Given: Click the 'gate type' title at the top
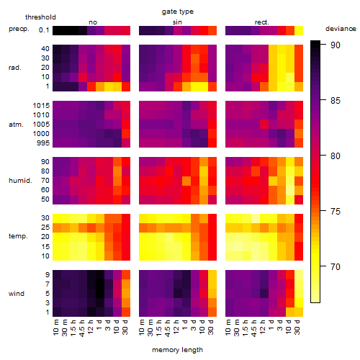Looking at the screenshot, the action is [x=178, y=12].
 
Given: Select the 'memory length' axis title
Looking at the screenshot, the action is [x=177, y=350].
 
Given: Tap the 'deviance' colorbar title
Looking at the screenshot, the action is [x=341, y=29].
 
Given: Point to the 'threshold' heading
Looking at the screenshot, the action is [x=40, y=17].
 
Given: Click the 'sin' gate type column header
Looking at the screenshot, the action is [x=177, y=22].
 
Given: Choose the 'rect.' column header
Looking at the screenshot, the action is [x=261, y=22].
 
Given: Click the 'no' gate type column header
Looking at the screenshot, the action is [x=93, y=22].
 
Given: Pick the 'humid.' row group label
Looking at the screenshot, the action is [x=20, y=181].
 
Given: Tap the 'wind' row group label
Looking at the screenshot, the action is [x=17, y=294].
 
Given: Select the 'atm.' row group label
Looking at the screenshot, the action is [x=16, y=125].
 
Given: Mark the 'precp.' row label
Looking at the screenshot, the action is [x=19, y=29].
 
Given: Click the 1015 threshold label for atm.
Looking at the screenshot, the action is [x=41, y=106].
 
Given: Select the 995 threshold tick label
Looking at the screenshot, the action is [x=43, y=143].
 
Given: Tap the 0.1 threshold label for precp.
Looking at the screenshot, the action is [x=44, y=30].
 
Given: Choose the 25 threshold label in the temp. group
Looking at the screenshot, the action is [x=45, y=228].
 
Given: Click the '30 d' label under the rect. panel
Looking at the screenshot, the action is [x=297, y=327].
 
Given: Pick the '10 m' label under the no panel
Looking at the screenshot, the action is [x=55, y=327].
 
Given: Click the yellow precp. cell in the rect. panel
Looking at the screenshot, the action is [x=299, y=31].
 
